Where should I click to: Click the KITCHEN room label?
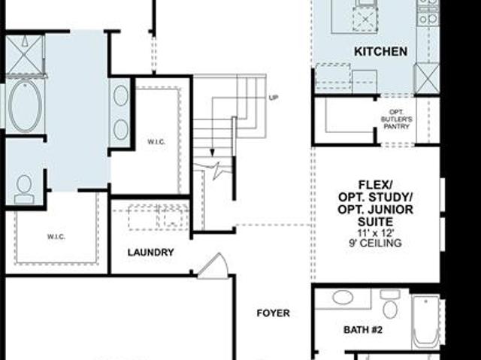pyautogui.click(x=381, y=51)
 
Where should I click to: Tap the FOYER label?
pyautogui.click(x=273, y=313)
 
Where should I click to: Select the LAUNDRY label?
pyautogui.click(x=150, y=253)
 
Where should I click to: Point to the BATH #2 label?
pyautogui.click(x=363, y=330)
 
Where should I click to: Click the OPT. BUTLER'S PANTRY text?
pyautogui.click(x=396, y=119)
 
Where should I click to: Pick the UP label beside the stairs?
pyautogui.click(x=274, y=98)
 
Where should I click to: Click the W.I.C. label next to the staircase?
pyautogui.click(x=156, y=142)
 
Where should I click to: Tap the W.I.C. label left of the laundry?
pyautogui.click(x=56, y=237)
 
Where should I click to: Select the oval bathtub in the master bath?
pyautogui.click(x=25, y=105)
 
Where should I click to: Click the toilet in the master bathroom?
pyautogui.click(x=24, y=189)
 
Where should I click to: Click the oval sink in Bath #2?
pyautogui.click(x=343, y=297)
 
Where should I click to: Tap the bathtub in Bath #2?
pyautogui.click(x=425, y=321)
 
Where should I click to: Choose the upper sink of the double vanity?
pyautogui.click(x=120, y=95)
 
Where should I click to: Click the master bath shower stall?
pyautogui.click(x=25, y=55)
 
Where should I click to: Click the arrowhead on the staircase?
pyautogui.click(x=212, y=153)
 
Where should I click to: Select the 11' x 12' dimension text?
pyautogui.click(x=376, y=233)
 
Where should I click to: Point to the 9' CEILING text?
pyautogui.click(x=376, y=244)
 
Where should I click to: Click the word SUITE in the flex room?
pyautogui.click(x=376, y=222)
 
